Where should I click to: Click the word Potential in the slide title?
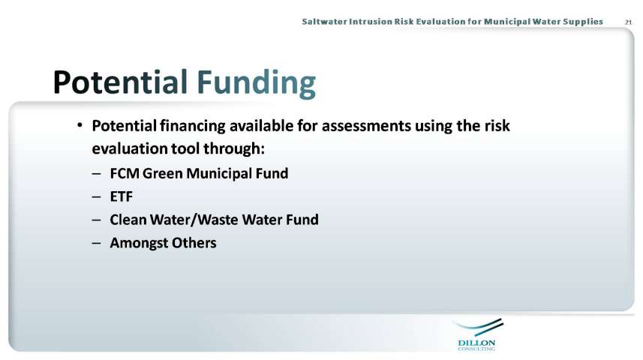pos(120,82)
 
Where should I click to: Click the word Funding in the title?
pos(257,84)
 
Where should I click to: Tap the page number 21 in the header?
pos(628,22)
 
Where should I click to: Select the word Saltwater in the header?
pos(324,22)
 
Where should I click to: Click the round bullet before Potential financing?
pos(80,124)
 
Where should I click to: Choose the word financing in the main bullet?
pos(192,126)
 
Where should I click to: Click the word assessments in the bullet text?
pos(366,125)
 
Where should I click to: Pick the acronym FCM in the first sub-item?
pos(125,173)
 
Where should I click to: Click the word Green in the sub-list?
pos(162,173)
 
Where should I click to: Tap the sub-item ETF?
pos(122,196)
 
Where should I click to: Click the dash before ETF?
pos(96,196)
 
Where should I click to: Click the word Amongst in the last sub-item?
pos(139,243)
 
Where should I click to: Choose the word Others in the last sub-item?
pos(194,243)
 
